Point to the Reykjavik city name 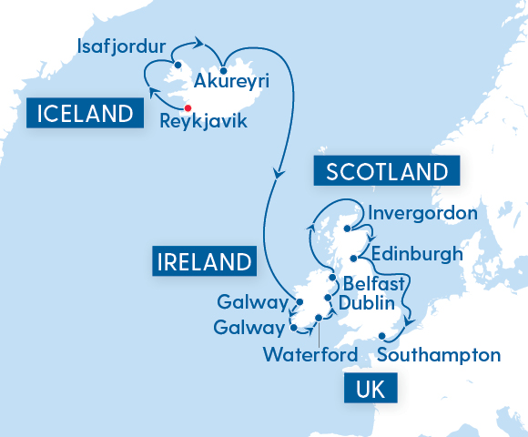pos(203,119)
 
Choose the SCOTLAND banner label pos(387,171)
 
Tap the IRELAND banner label pos(202,263)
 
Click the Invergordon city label pos(423,214)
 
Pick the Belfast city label pos(373,284)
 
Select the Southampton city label pos(439,354)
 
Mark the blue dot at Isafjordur pos(178,64)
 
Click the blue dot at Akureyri pos(223,70)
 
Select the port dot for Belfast pos(333,279)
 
